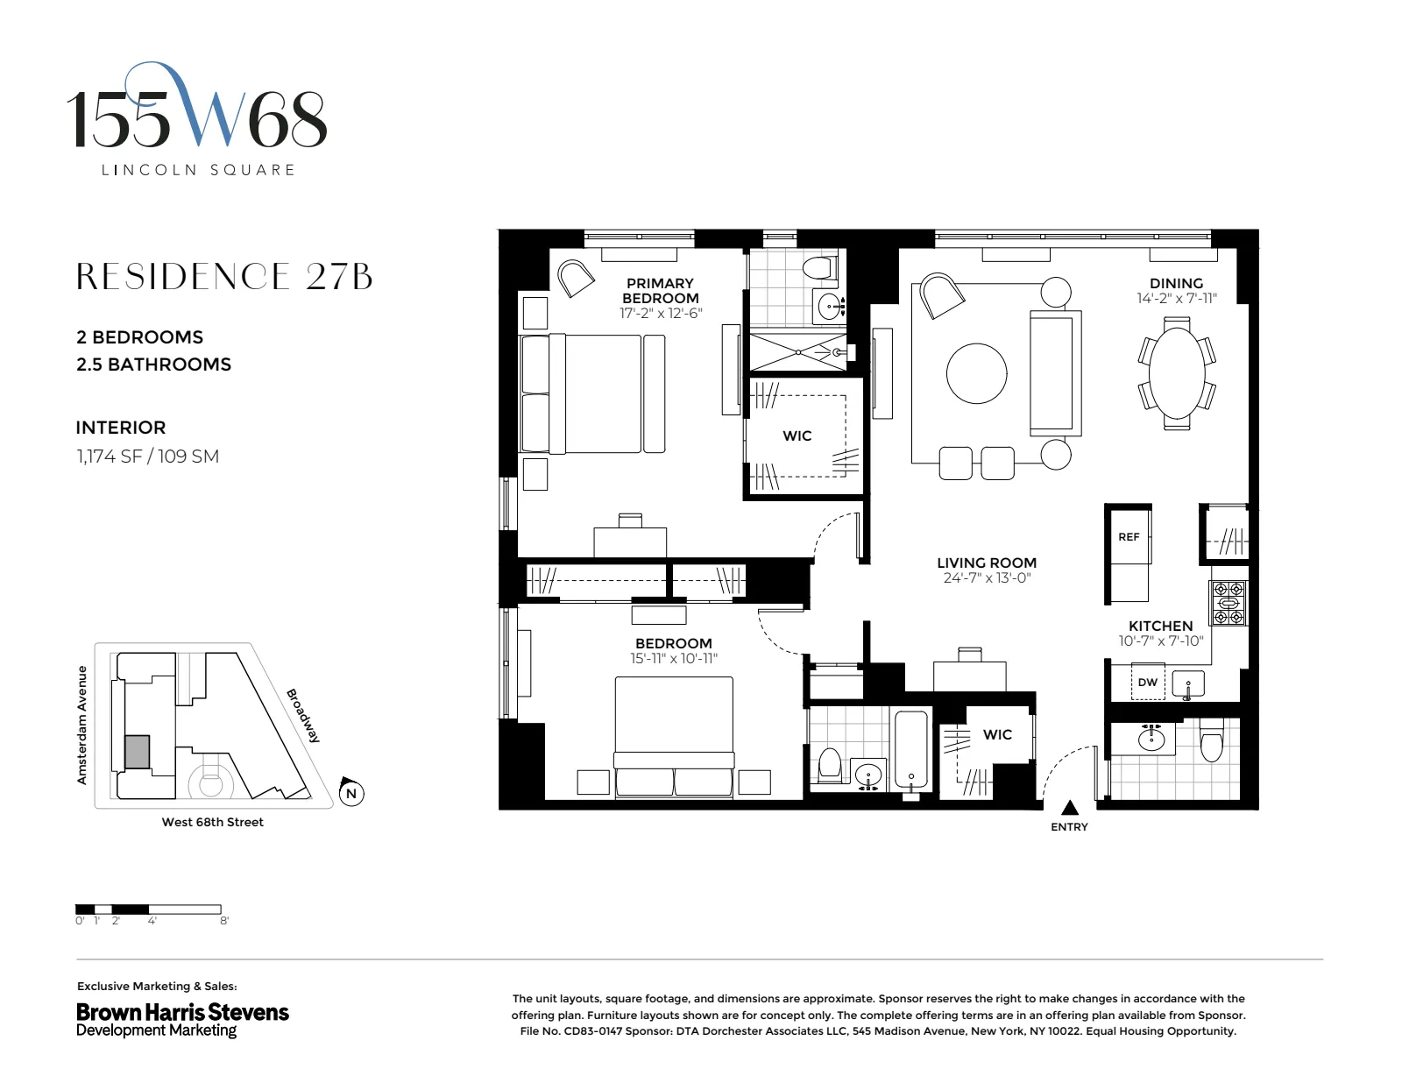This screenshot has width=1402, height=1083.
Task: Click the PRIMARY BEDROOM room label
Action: pyautogui.click(x=660, y=290)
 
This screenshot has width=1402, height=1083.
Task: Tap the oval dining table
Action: pyautogui.click(x=1176, y=373)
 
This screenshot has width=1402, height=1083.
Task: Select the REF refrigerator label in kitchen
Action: pyautogui.click(x=1129, y=537)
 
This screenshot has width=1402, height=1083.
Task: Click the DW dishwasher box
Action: pyautogui.click(x=1147, y=683)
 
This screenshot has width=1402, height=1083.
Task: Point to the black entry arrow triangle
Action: pyautogui.click(x=1070, y=808)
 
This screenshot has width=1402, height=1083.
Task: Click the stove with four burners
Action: pyautogui.click(x=1228, y=603)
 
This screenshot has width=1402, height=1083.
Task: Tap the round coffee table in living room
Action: pyautogui.click(x=977, y=373)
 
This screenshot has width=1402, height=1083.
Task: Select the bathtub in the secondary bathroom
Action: pyautogui.click(x=911, y=750)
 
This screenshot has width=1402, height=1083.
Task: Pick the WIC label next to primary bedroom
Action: pyautogui.click(x=797, y=435)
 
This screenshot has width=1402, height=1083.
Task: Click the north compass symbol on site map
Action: pyautogui.click(x=350, y=793)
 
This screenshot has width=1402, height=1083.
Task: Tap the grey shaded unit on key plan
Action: pyautogui.click(x=137, y=752)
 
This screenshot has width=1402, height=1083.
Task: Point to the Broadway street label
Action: pyautogui.click(x=303, y=715)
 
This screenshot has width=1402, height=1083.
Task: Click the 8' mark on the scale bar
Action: pyautogui.click(x=224, y=921)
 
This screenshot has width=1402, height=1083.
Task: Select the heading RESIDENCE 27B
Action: pyautogui.click(x=224, y=277)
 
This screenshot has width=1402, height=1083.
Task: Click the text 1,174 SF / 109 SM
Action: pyautogui.click(x=147, y=457)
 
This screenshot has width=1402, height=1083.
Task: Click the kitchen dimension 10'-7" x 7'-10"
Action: pyautogui.click(x=1160, y=641)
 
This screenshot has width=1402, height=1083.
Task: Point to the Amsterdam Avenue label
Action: pyautogui.click(x=82, y=725)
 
